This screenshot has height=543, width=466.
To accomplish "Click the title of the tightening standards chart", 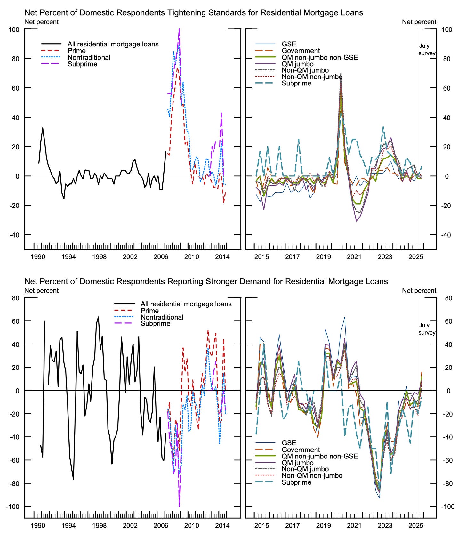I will click(x=194, y=13).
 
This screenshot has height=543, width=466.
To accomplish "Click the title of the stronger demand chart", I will click(x=206, y=281).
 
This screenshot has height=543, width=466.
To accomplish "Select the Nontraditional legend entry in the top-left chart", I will click(x=89, y=58).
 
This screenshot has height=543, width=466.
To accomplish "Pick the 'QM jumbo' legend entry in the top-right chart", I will click(x=297, y=64).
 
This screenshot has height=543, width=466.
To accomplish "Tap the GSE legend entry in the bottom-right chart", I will click(x=289, y=443).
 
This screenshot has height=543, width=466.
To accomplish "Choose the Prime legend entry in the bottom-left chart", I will click(x=149, y=311).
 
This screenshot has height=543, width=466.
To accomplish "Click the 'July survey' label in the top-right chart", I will click(x=426, y=50).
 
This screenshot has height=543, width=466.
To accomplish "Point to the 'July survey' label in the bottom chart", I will click(x=426, y=329).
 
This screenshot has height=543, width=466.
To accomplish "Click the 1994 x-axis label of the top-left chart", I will click(x=68, y=257).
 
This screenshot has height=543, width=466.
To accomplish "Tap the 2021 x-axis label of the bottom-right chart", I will click(x=354, y=525).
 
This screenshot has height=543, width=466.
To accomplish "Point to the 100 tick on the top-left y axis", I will click(x=14, y=29).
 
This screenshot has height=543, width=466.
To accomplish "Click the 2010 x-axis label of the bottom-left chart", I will click(x=191, y=525).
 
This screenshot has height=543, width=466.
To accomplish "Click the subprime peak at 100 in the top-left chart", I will click(x=179, y=30).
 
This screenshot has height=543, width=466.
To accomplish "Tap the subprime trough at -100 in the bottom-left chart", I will click(x=179, y=506).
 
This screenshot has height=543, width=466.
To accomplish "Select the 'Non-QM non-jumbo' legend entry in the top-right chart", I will click(x=312, y=77).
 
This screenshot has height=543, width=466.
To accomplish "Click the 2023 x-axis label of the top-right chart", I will click(x=385, y=257).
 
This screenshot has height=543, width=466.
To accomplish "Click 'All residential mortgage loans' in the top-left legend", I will click(x=113, y=44).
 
